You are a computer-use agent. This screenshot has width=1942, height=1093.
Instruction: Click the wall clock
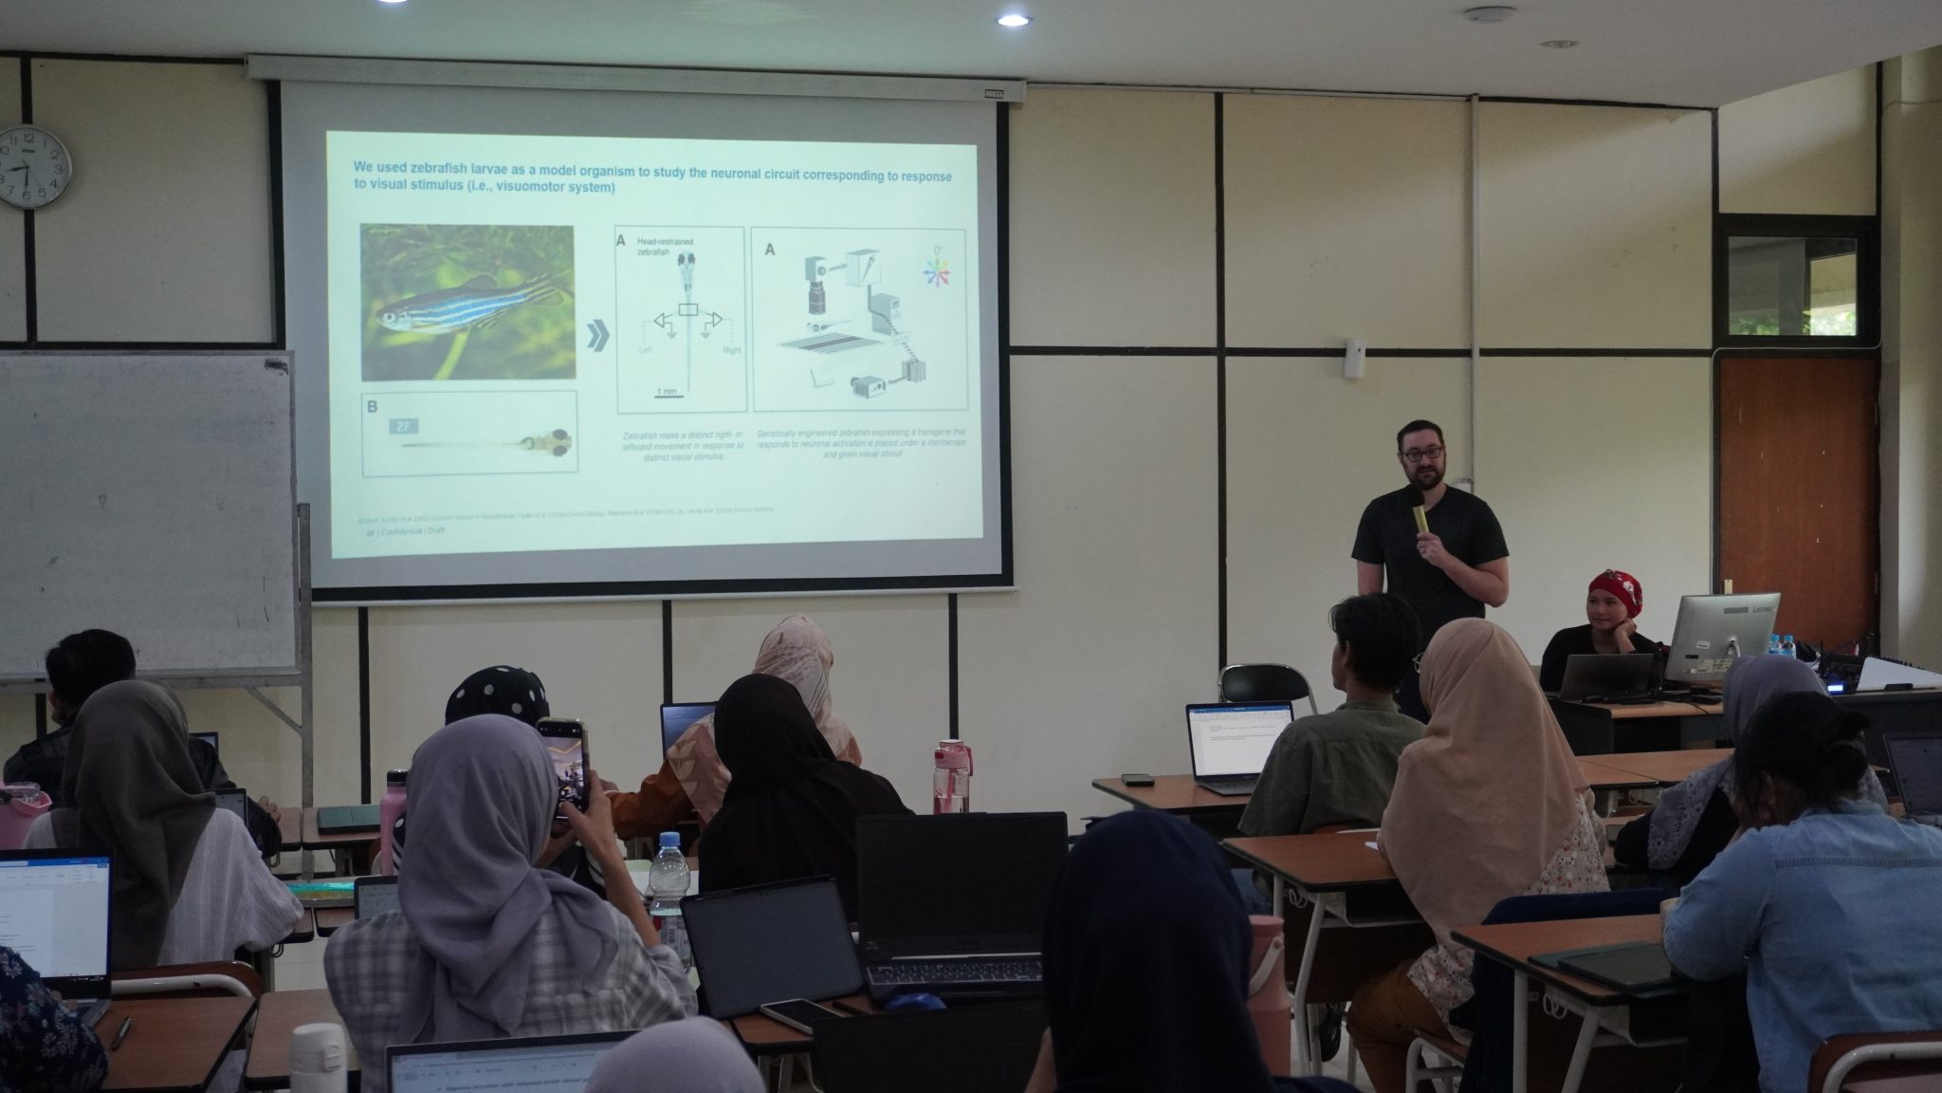tap(34, 167)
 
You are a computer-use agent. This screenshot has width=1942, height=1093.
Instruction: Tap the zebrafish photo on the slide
tap(467, 302)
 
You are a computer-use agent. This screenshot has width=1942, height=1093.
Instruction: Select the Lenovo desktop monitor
tap(1721, 633)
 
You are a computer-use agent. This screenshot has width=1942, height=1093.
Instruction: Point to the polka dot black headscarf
tap(498, 693)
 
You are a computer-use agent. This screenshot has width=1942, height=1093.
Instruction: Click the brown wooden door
tap(1796, 493)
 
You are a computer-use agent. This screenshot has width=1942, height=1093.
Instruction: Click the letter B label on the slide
tap(372, 407)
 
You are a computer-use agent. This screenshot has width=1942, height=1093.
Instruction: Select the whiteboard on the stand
tap(147, 512)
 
